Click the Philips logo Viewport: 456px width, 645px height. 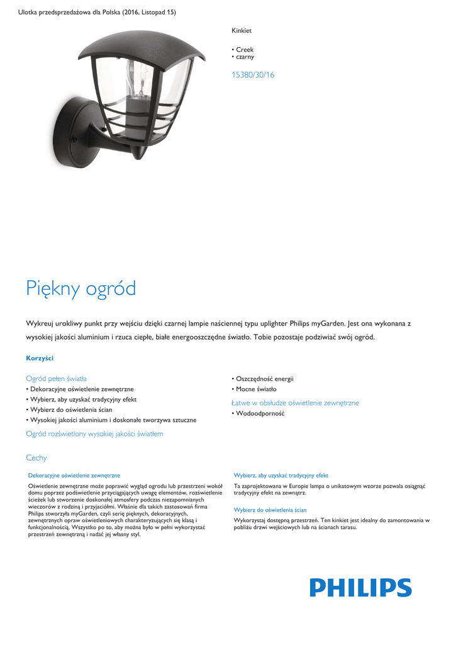pos(360,588)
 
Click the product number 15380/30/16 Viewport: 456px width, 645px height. pos(253,75)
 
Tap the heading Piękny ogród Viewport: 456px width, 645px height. pos(81,288)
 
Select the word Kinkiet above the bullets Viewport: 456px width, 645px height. pos(242,30)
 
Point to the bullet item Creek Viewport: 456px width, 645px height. pos(244,49)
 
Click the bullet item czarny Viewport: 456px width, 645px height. pos(245,57)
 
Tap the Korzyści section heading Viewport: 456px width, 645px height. pos(40,358)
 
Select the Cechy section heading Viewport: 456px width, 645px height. pos(36,458)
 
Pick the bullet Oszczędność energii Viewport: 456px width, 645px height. pos(264,379)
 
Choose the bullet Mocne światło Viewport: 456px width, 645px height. pos(256,389)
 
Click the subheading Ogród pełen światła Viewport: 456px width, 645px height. pos(56,379)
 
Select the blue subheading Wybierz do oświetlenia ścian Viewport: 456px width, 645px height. pos(270,510)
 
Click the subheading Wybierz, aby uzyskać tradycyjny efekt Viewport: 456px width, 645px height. pos(281,476)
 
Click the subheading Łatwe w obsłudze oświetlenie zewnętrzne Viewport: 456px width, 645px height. pos(295,402)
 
